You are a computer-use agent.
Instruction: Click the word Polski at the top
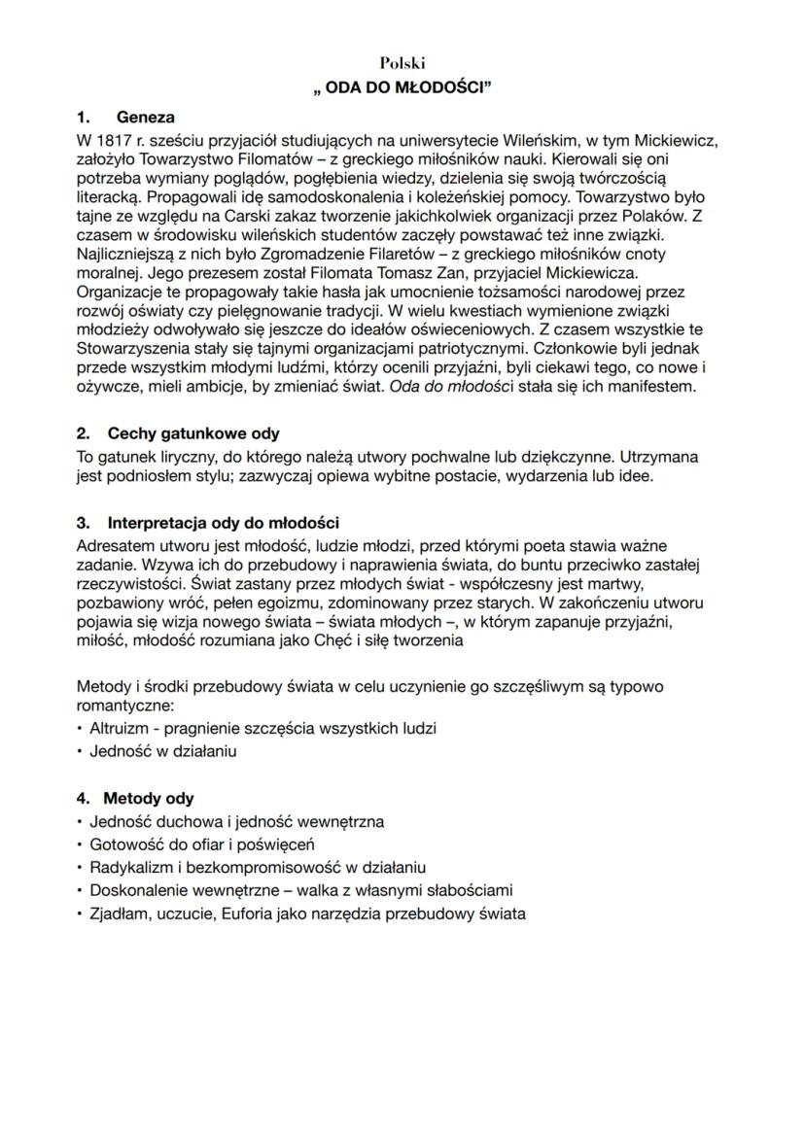pyautogui.click(x=402, y=63)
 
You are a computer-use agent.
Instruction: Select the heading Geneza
pyautogui.click(x=146, y=118)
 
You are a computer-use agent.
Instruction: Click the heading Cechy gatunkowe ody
pyautogui.click(x=193, y=433)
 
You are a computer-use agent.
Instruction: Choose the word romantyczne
pyautogui.click(x=125, y=706)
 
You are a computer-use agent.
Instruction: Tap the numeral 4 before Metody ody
pyautogui.click(x=82, y=799)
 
